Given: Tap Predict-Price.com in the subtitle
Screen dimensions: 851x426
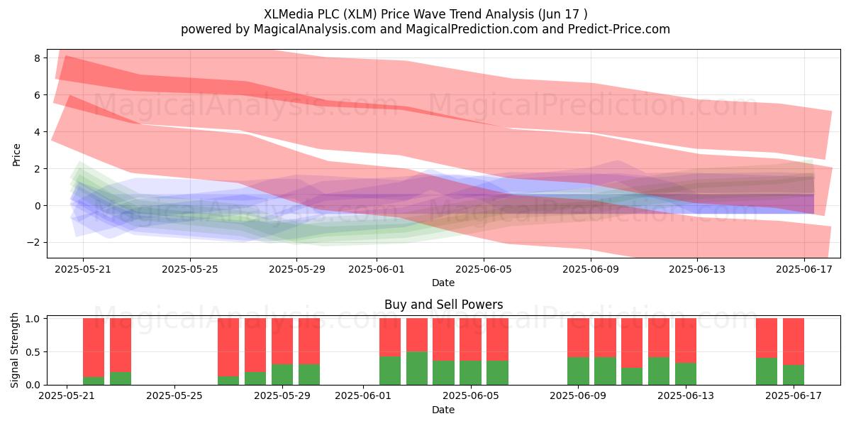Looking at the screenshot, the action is click(619, 29).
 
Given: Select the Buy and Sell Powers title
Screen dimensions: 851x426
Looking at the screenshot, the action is click(443, 305).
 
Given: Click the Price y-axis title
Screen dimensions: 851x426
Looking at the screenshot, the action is click(16, 155).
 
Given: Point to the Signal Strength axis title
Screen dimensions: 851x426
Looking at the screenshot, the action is click(14, 350).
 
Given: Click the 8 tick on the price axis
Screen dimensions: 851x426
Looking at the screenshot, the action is click(37, 58).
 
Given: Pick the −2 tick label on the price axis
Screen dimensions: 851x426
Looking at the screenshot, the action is click(33, 243).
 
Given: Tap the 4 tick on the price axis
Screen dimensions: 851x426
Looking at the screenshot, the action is click(37, 132).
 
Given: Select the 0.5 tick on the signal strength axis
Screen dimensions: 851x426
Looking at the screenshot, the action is click(33, 352).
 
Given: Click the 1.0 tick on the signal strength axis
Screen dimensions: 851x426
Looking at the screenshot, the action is click(33, 319).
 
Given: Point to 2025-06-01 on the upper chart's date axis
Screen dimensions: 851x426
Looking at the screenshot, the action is click(377, 269).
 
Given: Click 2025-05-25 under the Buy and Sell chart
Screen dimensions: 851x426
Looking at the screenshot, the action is click(174, 395).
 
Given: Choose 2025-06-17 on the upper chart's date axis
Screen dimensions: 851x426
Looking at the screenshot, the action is click(804, 269).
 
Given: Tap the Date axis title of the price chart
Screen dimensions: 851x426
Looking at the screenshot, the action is click(443, 283).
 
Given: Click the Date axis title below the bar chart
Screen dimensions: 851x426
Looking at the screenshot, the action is click(443, 410).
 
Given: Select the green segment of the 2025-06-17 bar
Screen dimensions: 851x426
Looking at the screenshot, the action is click(794, 375).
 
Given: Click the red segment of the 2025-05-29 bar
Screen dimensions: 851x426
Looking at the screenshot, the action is click(282, 342).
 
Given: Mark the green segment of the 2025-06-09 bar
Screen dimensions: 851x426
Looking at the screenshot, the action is click(578, 371).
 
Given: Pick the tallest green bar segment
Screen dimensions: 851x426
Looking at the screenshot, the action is click(417, 368).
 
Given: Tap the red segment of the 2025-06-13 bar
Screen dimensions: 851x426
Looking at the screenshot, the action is click(686, 341).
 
